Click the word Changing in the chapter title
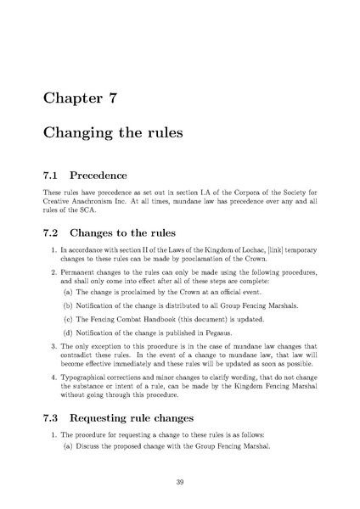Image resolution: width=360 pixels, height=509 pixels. [x=82, y=134]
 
